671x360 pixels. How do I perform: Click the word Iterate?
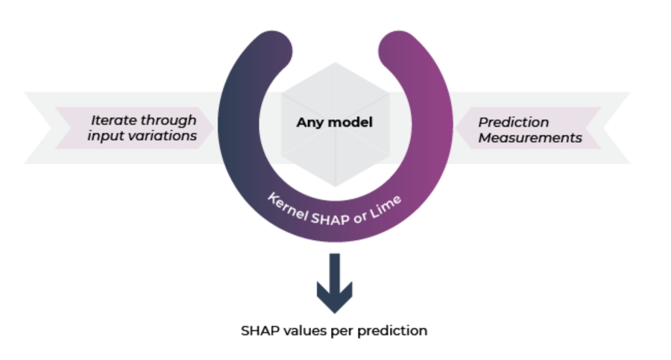(x=113, y=120)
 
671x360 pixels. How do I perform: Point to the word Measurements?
(x=529, y=137)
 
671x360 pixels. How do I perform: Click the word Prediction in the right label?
(x=513, y=121)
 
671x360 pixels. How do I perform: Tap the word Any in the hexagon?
(x=309, y=122)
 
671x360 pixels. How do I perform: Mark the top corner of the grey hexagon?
(x=335, y=63)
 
